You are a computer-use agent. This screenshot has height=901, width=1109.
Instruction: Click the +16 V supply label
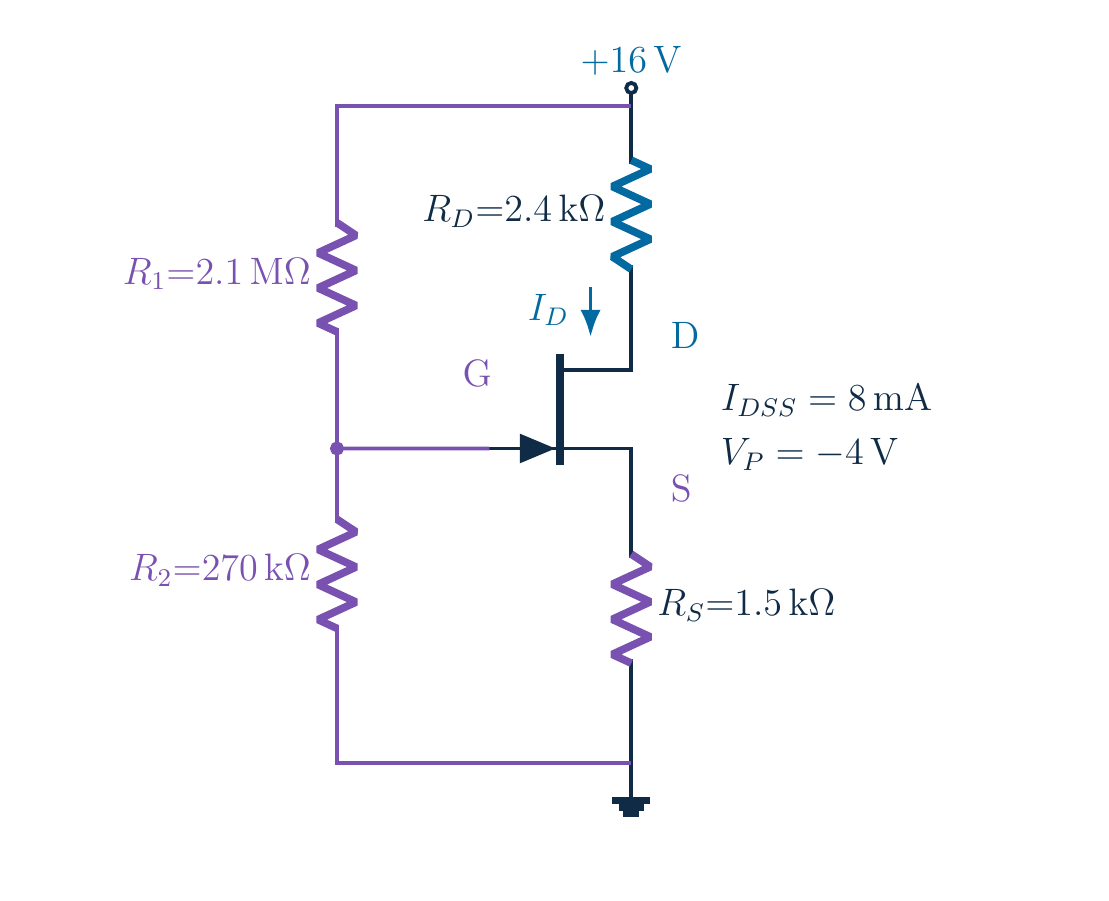[x=630, y=60]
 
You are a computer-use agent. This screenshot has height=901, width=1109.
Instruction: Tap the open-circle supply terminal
[x=631, y=88]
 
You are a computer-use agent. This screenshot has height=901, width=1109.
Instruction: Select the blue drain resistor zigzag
[x=631, y=214]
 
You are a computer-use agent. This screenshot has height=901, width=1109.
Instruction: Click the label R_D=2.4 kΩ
[x=514, y=210]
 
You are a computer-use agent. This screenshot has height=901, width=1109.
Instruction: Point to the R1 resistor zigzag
[x=337, y=277]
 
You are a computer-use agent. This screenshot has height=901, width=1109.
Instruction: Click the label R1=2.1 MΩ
[x=218, y=273]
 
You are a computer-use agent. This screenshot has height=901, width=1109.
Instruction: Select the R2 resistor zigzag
[x=337, y=573]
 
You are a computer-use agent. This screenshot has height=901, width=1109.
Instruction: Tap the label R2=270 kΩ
[x=221, y=569]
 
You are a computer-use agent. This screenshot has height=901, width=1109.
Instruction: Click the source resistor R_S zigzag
[x=631, y=608]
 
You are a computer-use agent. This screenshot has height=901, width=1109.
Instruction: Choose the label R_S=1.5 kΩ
[x=747, y=604]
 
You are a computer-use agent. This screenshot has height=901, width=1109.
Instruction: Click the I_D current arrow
[x=591, y=310]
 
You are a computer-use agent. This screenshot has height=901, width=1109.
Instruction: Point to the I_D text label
[x=548, y=310]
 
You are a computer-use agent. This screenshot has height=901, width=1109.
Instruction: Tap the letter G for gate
[x=477, y=373]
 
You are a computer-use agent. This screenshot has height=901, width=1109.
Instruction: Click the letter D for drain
[x=685, y=336]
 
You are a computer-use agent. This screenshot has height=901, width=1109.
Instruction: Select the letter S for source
[x=680, y=489]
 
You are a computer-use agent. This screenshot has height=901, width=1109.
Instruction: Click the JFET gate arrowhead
[x=538, y=448]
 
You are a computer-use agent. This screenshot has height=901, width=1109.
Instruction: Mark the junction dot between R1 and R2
[x=337, y=448]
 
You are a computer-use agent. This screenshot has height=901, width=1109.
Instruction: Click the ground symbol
[x=631, y=807]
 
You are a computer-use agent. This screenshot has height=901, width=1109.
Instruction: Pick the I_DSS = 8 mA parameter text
[x=826, y=400]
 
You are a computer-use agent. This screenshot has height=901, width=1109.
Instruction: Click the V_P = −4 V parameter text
[x=809, y=453]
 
